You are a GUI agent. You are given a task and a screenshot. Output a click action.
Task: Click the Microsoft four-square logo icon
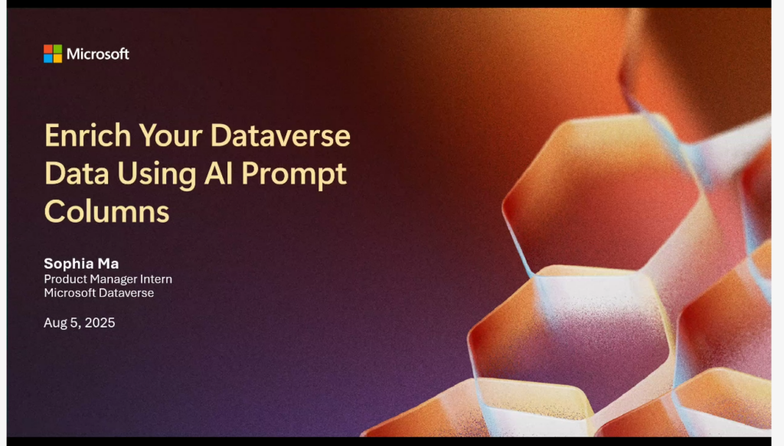click(53, 54)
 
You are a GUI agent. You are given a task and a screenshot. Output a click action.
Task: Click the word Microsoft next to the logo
click(98, 54)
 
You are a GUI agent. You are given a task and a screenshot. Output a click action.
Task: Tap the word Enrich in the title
click(87, 135)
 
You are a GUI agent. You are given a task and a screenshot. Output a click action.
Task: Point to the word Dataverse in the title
click(280, 135)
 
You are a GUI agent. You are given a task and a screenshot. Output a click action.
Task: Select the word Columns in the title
click(107, 212)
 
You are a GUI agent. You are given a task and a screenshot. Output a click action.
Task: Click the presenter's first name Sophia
click(68, 264)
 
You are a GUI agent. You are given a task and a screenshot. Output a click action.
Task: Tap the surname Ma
click(108, 263)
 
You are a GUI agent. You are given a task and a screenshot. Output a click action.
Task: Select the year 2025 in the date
click(100, 323)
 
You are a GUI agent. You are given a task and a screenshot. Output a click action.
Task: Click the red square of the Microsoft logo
click(48, 49)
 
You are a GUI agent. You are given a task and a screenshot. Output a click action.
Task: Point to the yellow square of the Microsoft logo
click(57, 58)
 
